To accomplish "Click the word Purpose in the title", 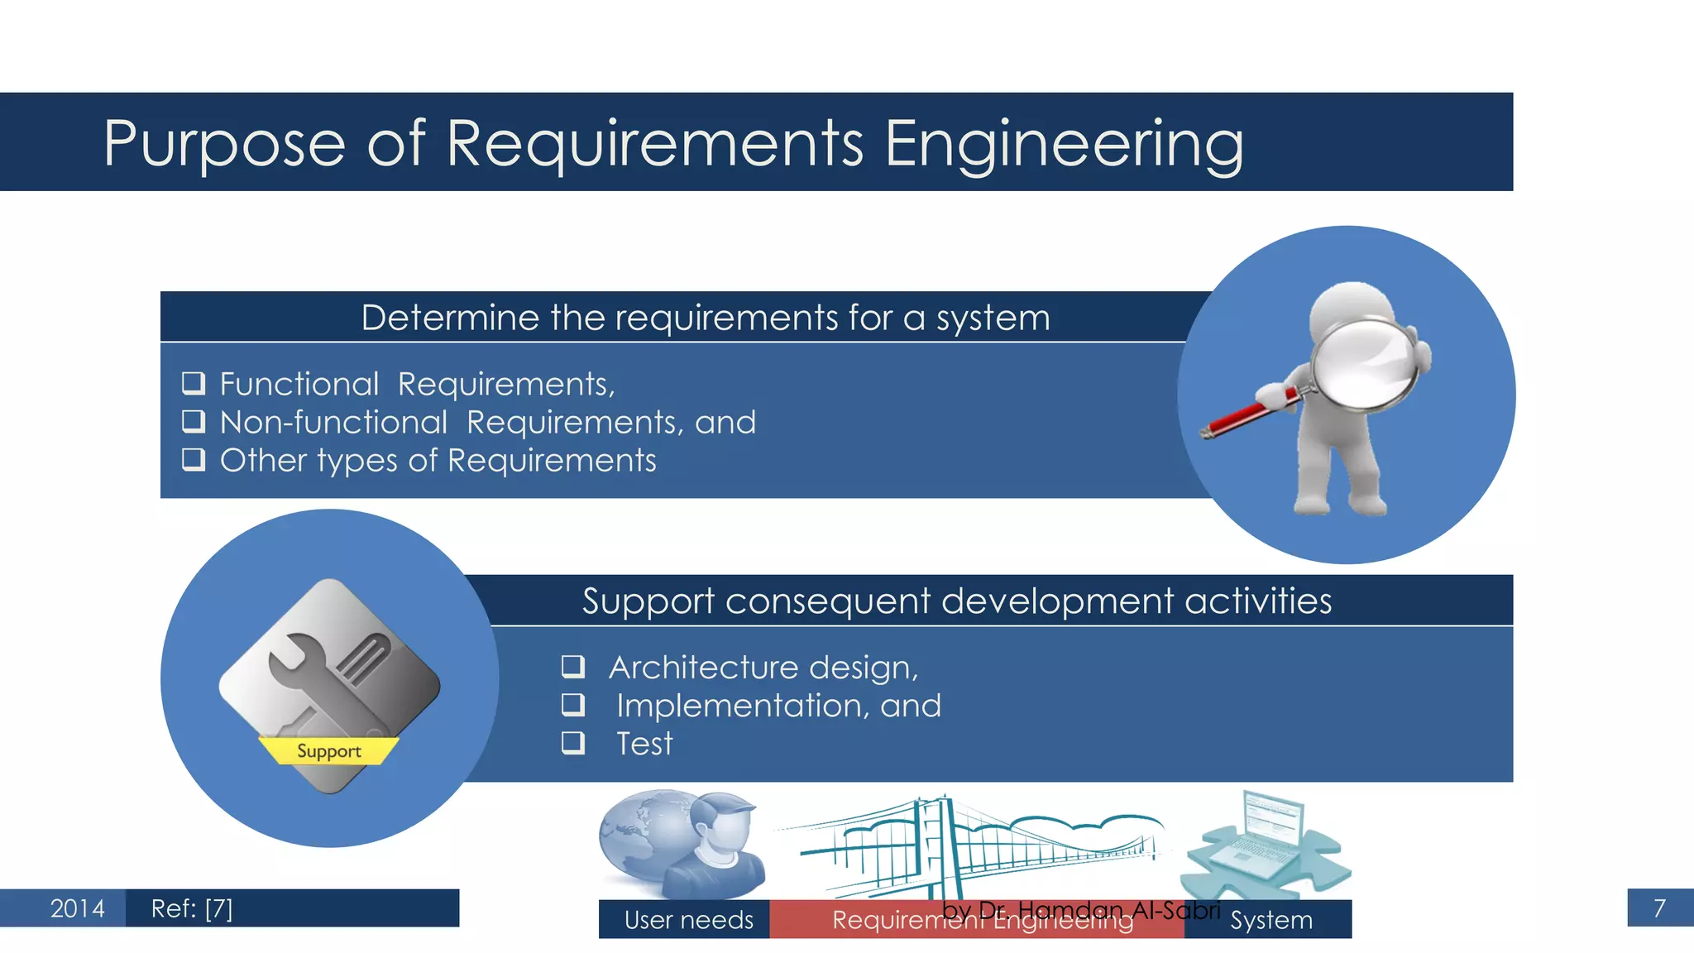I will coord(223,144).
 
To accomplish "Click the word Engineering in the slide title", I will coord(1064,144).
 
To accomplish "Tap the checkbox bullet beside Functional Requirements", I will coord(194,383).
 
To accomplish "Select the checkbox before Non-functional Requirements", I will coord(194,421).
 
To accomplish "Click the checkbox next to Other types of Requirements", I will coord(194,459).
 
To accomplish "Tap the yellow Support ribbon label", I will coord(328,750).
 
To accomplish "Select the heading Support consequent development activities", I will coord(956,601).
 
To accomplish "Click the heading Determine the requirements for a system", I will coord(705,318).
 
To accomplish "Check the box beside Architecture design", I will coord(573,666).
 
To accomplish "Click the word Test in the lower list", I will coord(644,744).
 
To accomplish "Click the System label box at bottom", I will coord(1270,920).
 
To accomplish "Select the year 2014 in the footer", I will coord(77,908).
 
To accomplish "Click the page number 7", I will coord(1658,908).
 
